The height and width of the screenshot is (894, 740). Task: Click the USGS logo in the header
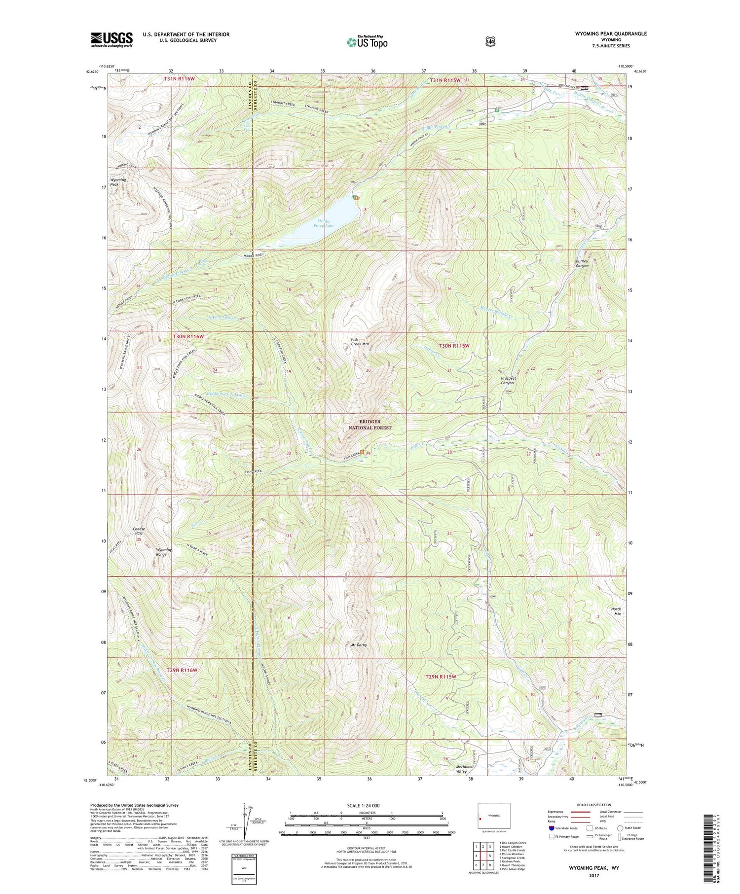[111, 39]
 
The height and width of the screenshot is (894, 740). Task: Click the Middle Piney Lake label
[325, 223]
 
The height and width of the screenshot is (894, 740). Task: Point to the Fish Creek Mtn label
[360, 341]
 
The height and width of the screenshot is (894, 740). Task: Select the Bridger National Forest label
[370, 425]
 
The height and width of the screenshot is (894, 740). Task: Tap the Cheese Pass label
[139, 531]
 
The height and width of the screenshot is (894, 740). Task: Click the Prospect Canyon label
[507, 380]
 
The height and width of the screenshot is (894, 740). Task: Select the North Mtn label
[616, 611]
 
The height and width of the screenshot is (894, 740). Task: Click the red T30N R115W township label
[454, 346]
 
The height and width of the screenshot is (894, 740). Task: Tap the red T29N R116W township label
[182, 670]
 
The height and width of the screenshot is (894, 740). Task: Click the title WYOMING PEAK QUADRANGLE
[610, 34]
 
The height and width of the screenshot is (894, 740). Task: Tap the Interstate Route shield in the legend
[552, 828]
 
